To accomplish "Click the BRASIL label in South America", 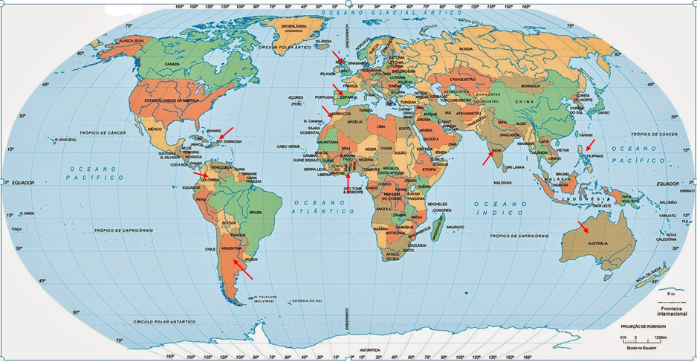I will point(256,212).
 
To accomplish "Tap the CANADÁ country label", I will point(172,64).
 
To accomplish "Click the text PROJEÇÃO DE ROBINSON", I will point(643,326).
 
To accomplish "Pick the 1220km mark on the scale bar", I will point(661,337).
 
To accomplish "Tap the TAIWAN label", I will point(586,135).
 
